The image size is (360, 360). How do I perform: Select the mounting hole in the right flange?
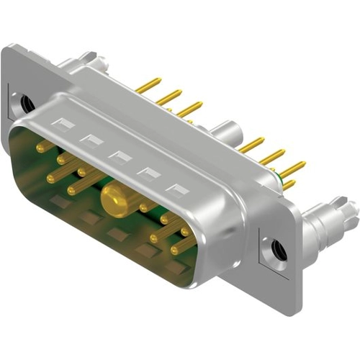279,251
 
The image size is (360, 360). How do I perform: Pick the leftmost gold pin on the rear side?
148,86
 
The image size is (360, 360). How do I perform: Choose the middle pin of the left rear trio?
168,97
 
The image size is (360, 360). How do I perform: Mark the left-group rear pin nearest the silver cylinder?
189,109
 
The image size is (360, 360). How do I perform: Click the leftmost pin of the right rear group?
251,145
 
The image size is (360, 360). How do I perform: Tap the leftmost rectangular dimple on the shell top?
64,125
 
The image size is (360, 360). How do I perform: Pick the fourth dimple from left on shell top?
147,173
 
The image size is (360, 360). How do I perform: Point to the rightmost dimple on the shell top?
176,190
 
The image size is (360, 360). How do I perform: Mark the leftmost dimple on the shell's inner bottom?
61,202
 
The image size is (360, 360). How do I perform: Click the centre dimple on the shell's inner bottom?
115,235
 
